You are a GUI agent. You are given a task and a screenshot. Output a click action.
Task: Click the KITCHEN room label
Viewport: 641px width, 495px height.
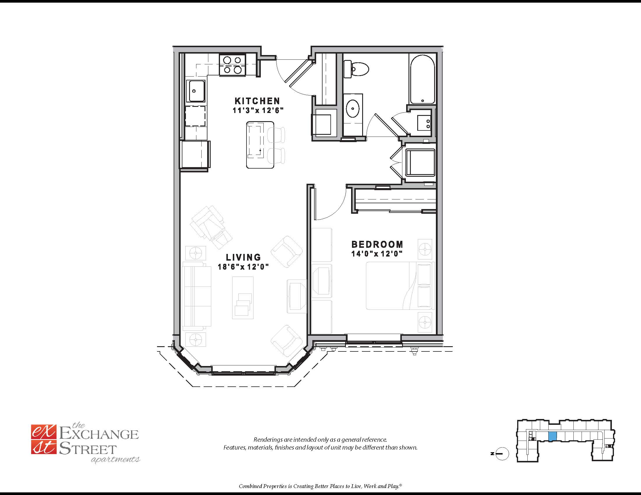[x=257, y=101]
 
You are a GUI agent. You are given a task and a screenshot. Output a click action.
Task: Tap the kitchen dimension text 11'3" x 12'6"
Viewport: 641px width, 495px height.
[x=258, y=111]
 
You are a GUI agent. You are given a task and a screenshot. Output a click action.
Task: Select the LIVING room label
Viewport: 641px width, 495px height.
[x=243, y=257]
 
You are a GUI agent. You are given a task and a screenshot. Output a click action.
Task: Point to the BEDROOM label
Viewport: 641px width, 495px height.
[x=377, y=244]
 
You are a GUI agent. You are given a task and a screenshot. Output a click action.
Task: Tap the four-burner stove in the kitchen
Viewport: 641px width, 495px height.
[x=233, y=65]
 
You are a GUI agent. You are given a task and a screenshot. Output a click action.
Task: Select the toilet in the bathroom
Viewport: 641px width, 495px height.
[x=356, y=69]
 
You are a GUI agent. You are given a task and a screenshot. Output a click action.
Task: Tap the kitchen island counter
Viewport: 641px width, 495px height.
[x=260, y=145]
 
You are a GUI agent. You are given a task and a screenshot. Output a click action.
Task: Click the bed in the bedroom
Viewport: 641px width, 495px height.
[x=400, y=286]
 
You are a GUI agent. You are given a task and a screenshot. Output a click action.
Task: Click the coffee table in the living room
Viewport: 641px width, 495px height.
[x=243, y=298]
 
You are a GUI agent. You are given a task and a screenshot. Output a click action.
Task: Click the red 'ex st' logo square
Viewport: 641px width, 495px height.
[x=43, y=440]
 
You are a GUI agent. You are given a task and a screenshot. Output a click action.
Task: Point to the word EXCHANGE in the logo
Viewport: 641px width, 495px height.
[x=99, y=434]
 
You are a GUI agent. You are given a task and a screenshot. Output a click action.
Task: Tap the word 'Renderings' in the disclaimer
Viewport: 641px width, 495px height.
[x=268, y=440]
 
